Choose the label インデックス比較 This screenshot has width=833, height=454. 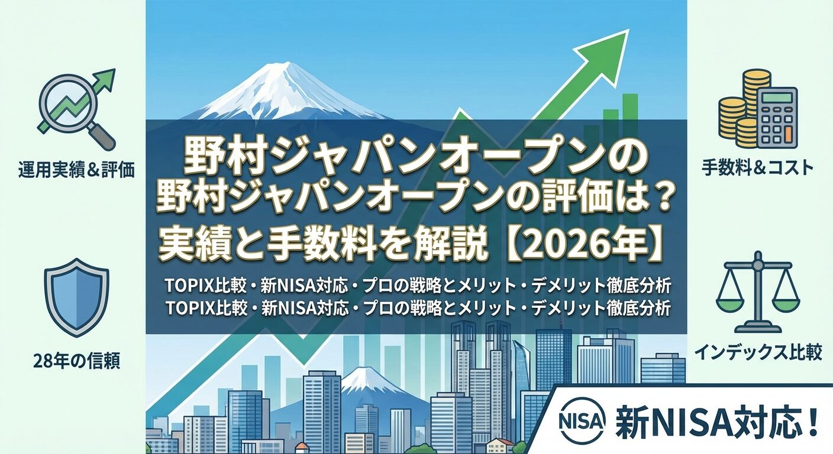point(758,354)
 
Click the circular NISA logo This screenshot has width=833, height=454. point(582,420)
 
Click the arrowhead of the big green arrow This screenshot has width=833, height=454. point(609,50)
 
